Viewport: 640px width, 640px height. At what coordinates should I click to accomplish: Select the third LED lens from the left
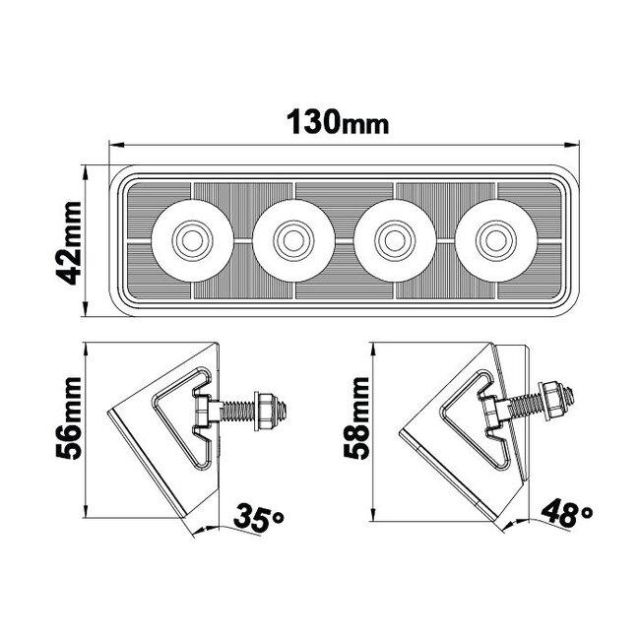click(393, 237)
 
